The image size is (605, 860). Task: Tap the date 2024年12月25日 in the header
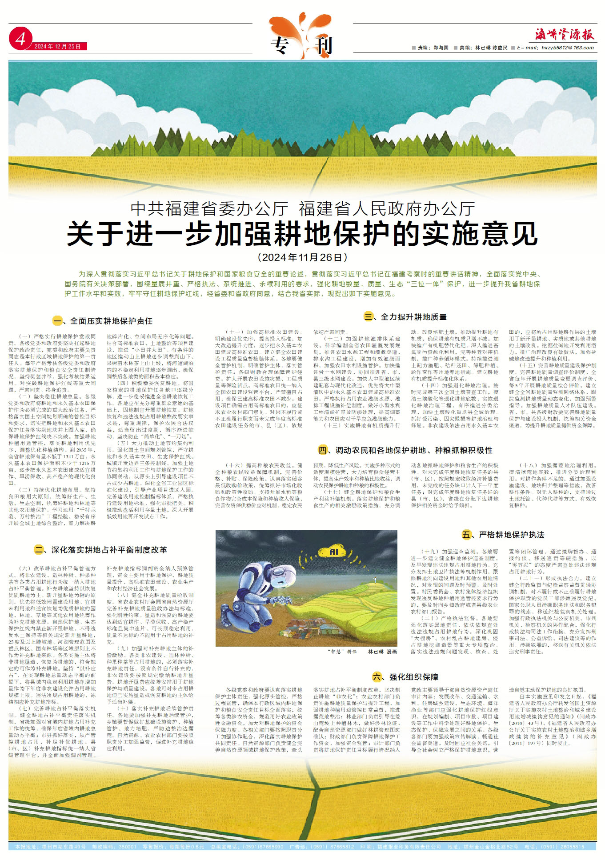60,47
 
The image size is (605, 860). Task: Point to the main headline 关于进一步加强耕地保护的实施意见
302,234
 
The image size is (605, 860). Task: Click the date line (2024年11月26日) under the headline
302,257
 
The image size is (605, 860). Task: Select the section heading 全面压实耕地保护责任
105,320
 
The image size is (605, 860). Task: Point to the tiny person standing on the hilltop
376,579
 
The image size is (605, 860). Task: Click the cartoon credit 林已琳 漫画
382,652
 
